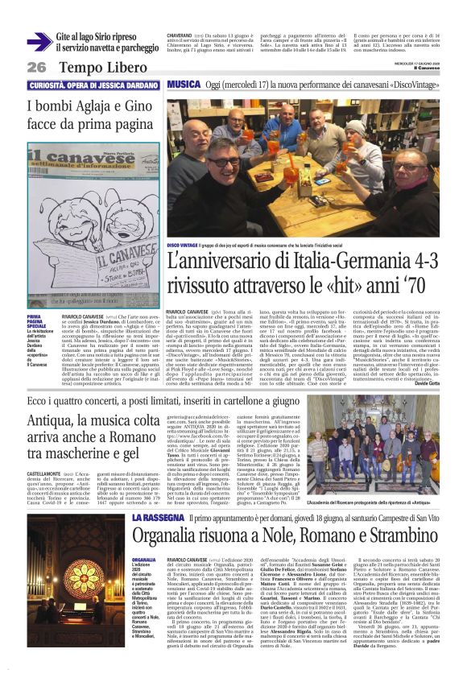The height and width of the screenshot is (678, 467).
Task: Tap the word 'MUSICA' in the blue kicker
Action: (x=185, y=85)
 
